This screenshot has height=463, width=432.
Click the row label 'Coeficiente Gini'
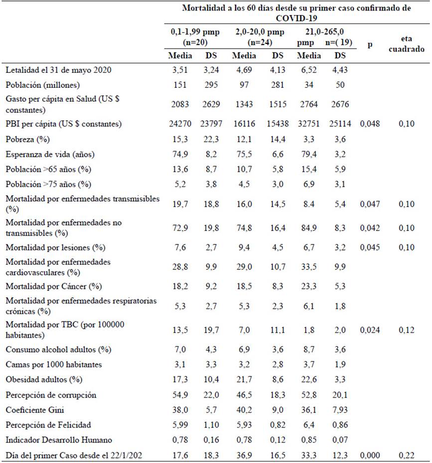coord(35,410)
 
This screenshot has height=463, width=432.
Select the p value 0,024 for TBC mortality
coord(370,330)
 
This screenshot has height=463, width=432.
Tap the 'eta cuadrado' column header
coord(407,44)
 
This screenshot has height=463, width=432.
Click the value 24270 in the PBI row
coord(180,123)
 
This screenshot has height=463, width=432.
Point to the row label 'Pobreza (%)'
coord(27,139)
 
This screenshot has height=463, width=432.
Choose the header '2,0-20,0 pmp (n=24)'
coord(260,37)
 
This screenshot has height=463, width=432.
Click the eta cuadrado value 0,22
coord(407,455)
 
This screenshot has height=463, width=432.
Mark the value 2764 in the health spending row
coord(309,104)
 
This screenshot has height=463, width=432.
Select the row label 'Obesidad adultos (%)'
coord(44,380)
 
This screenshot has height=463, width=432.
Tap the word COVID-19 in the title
coord(296,18)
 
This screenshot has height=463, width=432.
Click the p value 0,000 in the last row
coord(370,455)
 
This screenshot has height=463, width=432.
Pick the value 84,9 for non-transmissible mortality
coord(309,228)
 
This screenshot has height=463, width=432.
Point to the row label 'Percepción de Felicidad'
coord(48,425)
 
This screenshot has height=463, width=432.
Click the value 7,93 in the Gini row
coord(340,410)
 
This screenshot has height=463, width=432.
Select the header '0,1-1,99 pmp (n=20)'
coord(195,37)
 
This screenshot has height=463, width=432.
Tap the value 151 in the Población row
coord(180,85)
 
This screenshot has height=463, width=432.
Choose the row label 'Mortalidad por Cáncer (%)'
coord(54,286)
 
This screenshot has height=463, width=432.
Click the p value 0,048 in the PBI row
coord(370,123)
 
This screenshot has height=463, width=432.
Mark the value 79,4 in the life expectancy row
coord(309,154)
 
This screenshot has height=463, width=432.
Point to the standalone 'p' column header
coord(370,45)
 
